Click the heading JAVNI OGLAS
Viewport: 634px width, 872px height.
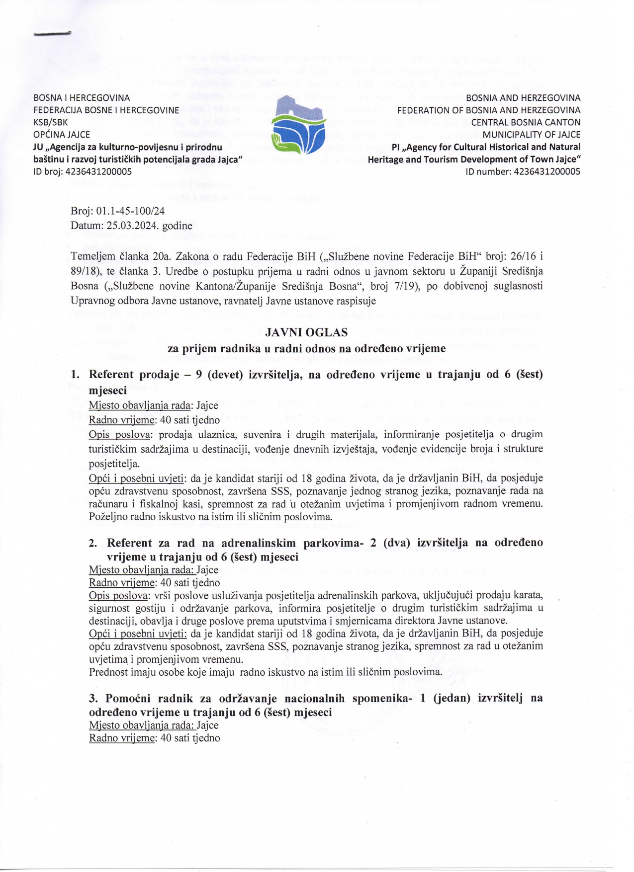[306, 332]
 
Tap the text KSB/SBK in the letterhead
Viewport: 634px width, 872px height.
[51, 122]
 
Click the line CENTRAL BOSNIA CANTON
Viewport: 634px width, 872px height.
[526, 122]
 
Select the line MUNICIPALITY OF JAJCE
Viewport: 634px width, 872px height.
[531, 135]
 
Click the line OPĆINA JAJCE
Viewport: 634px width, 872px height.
[62, 135]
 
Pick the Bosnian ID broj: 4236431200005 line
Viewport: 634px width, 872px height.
[83, 172]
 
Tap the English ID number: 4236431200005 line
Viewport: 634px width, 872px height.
[523, 172]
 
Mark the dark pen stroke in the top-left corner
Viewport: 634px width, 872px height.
[52, 34]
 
